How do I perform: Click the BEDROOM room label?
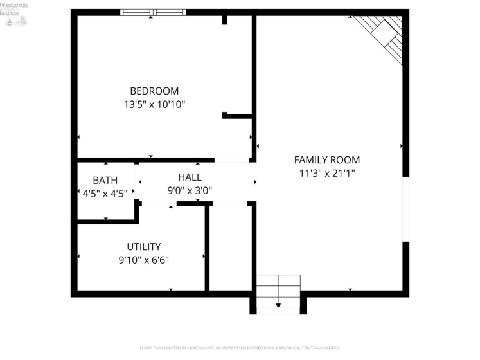tap(154, 91)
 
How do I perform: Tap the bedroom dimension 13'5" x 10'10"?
tap(154, 104)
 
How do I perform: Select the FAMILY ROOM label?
tap(326, 160)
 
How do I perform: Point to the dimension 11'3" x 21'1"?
tap(326, 173)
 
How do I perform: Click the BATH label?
tap(105, 180)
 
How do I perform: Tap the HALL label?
tap(190, 177)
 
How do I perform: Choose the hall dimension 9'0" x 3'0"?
tap(190, 190)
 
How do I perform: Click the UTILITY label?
tap(143, 247)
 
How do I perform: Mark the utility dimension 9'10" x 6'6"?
tap(143, 260)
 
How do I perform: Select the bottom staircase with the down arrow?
tap(278, 294)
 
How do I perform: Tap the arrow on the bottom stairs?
tap(278, 305)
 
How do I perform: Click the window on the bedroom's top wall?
tap(153, 12)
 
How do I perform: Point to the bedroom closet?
tap(238, 64)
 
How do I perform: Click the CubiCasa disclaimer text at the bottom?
tap(240, 348)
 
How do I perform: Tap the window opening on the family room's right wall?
tap(405, 209)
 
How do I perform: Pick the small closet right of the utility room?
tap(230, 248)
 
